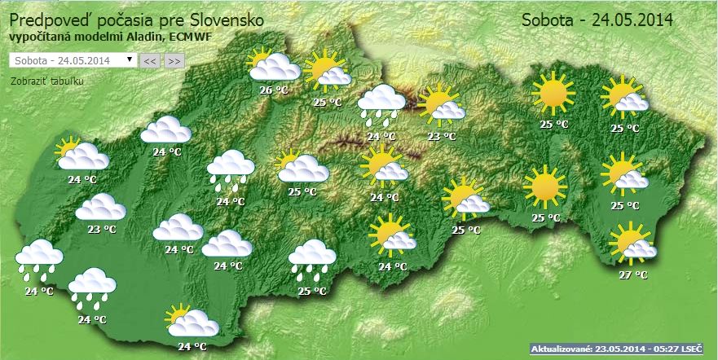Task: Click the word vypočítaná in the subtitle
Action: pyautogui.click(x=39, y=37)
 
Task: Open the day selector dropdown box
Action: pyautogui.click(x=72, y=60)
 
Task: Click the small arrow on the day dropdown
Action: pyautogui.click(x=130, y=60)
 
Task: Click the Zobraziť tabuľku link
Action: pyautogui.click(x=47, y=81)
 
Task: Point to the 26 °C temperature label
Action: pyautogui.click(x=274, y=90)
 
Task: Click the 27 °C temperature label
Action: pyautogui.click(x=632, y=274)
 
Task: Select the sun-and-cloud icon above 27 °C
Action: pyautogui.click(x=632, y=244)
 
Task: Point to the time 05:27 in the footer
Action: pyautogui.click(x=665, y=349)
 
